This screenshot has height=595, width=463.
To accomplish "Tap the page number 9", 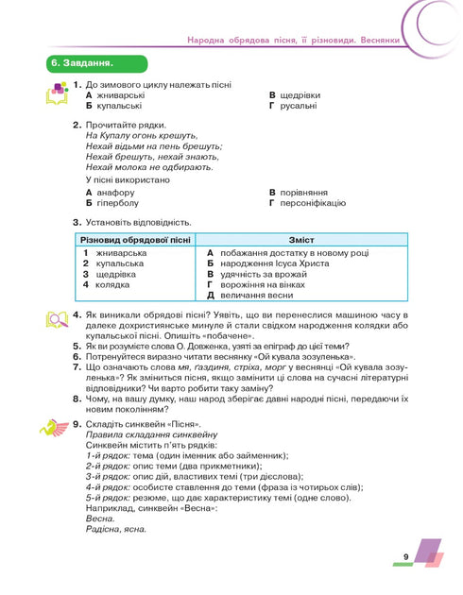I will (x=404, y=557).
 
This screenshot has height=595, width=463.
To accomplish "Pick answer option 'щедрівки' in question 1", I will (x=305, y=95).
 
